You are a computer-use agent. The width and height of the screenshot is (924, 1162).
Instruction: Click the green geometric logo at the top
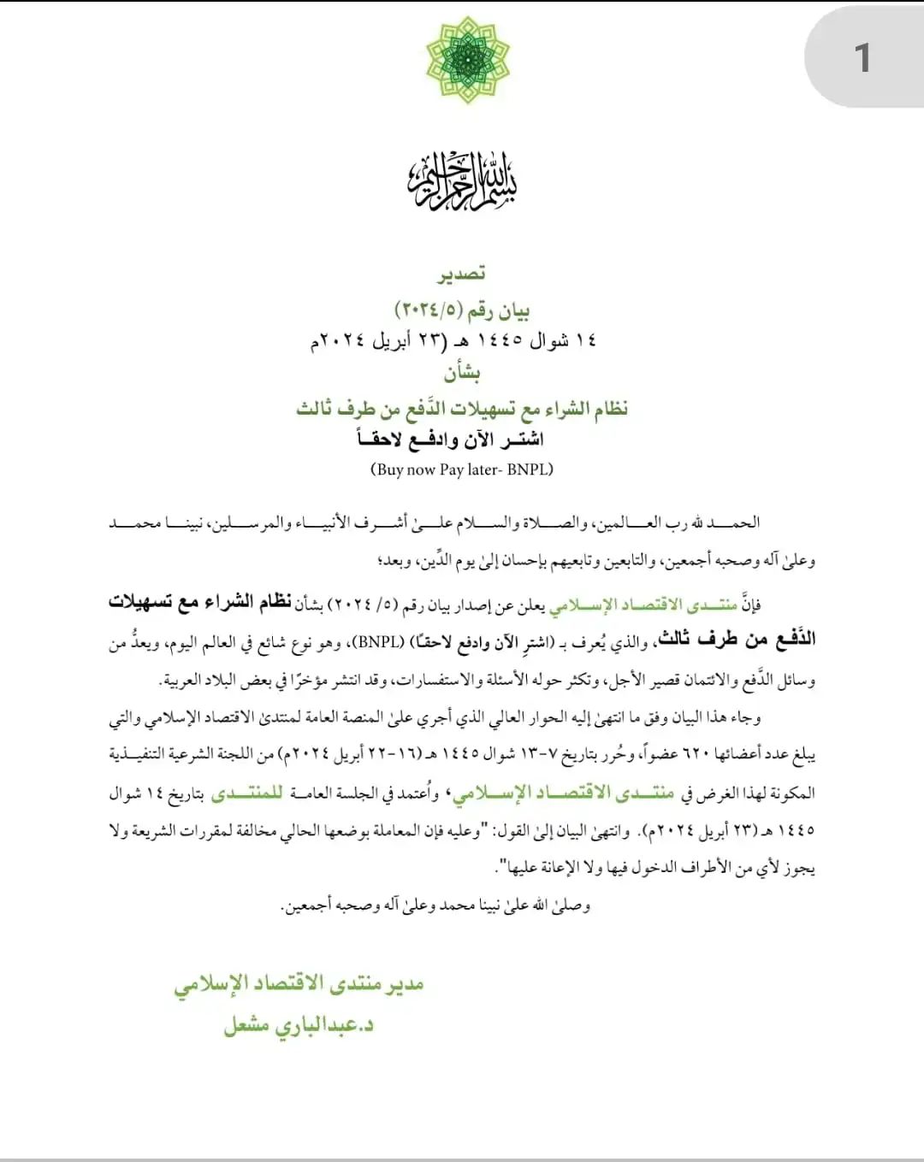(x=467, y=60)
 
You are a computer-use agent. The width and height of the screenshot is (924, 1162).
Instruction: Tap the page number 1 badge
(x=862, y=58)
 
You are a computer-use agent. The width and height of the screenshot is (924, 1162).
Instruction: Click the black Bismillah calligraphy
(x=462, y=180)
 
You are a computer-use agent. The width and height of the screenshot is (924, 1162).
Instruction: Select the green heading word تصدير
(x=462, y=274)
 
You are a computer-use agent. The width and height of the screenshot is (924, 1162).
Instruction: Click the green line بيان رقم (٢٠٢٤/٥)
(x=462, y=309)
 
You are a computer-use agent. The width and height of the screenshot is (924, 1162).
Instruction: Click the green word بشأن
(x=462, y=373)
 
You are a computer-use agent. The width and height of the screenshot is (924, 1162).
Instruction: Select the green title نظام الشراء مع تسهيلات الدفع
(x=462, y=408)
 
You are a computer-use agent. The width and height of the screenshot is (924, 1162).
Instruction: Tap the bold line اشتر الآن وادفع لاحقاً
(x=451, y=439)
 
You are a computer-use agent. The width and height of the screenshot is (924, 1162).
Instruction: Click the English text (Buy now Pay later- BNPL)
(x=462, y=469)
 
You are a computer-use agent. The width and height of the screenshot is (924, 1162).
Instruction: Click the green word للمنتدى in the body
(x=247, y=793)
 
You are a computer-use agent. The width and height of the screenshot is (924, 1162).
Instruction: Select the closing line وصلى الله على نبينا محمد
(x=436, y=905)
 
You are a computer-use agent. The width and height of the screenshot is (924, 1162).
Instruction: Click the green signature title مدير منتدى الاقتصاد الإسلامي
(x=299, y=985)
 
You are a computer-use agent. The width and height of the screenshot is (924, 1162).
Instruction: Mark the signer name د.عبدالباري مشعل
(x=299, y=1024)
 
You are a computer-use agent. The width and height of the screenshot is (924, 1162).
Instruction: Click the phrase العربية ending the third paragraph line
(x=181, y=681)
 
